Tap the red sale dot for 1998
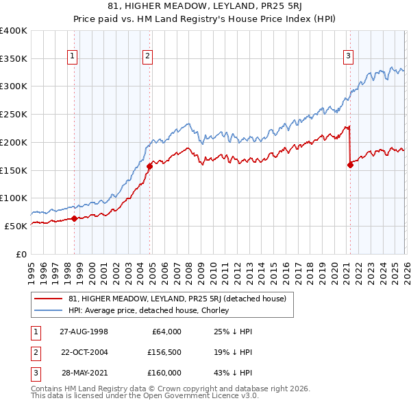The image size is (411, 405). click(75, 219)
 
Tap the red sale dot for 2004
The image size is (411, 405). click(149, 165)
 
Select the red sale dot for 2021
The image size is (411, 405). click(350, 164)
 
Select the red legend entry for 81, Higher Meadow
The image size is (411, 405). click(181, 299)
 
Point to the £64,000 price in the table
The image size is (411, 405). click(165, 331)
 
